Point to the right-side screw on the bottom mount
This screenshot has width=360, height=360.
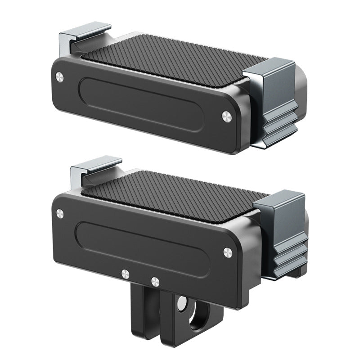coord(227,252)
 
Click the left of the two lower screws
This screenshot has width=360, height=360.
coord(126,274)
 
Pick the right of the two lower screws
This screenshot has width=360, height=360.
coord(155,282)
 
